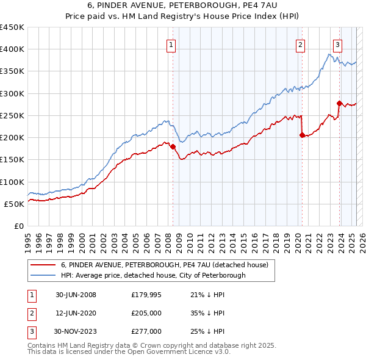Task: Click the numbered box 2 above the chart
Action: tap(301, 44)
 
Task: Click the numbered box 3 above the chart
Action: tap(337, 44)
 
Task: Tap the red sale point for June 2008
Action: tap(173, 146)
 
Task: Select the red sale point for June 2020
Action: tap(302, 135)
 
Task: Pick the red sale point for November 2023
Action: tap(340, 103)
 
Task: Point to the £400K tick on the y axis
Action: tap(12, 49)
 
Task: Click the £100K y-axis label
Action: tap(12, 182)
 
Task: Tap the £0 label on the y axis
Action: tap(18, 226)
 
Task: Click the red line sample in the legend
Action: tap(42, 265)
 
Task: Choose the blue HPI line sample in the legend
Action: tap(42, 275)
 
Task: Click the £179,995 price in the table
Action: tap(146, 295)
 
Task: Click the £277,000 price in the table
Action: tap(146, 331)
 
